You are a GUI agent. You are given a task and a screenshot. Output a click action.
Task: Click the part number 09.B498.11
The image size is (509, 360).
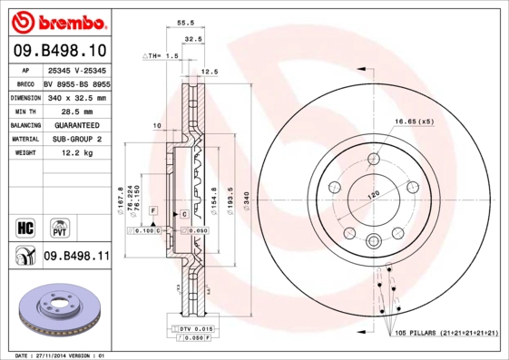tap(76, 257)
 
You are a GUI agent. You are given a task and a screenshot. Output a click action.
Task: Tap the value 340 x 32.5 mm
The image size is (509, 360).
tap(75, 97)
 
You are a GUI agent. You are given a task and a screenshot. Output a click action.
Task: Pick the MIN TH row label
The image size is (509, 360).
tap(24, 111)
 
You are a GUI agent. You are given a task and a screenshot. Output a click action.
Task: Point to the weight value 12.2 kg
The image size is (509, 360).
tap(75, 153)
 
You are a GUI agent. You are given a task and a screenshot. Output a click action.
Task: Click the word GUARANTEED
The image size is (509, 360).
tap(75, 125)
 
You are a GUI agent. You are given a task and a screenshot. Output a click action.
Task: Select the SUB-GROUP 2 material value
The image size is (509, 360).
tap(75, 139)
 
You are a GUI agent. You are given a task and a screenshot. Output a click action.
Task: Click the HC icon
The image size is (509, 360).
tap(24, 226)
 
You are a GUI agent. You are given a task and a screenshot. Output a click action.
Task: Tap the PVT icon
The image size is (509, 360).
tap(59, 226)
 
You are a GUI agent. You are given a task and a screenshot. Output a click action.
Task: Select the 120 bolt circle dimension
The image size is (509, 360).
tap(372, 194)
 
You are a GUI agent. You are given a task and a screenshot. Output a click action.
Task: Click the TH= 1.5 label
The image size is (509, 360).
tap(162, 56)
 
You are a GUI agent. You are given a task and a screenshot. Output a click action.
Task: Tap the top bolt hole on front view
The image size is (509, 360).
tap(374, 161)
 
